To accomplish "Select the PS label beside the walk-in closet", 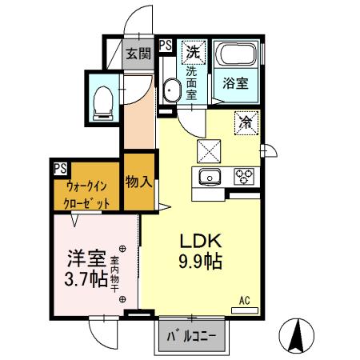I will [x=60, y=169].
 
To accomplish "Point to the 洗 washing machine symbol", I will [x=192, y=53].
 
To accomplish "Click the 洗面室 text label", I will [x=192, y=82].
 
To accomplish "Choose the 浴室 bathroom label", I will [x=235, y=82].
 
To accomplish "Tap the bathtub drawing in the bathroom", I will [x=236, y=57].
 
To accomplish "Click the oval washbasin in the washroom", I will [x=170, y=90].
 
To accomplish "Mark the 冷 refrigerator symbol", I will [x=247, y=123].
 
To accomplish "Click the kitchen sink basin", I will [x=210, y=176].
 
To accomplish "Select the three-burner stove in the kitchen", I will [x=243, y=176].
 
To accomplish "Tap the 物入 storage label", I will [x=138, y=182].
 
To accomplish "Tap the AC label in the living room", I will [x=245, y=301].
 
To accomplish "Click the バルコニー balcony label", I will [x=191, y=336].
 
